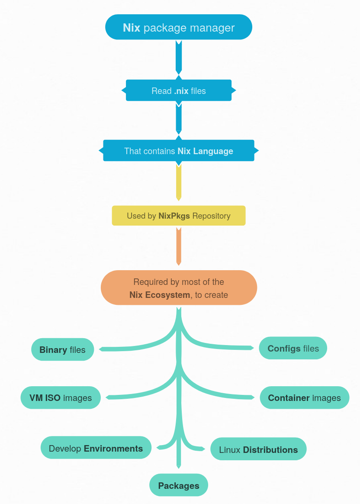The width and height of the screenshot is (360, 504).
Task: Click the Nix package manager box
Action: click(x=179, y=27)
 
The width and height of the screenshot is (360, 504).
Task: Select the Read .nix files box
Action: click(x=179, y=90)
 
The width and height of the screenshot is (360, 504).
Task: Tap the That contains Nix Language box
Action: click(x=179, y=151)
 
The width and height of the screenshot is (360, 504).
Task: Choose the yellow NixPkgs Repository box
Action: click(x=179, y=216)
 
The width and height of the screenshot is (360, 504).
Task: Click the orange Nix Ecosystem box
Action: click(x=179, y=288)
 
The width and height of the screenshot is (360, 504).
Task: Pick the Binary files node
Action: click(x=63, y=349)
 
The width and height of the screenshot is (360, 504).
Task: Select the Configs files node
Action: click(x=293, y=348)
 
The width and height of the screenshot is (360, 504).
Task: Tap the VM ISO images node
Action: click(x=61, y=397)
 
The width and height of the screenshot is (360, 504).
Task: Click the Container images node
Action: click(x=304, y=397)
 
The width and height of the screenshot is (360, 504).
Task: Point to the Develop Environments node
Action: click(x=96, y=448)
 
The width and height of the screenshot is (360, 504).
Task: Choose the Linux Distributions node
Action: click(x=258, y=449)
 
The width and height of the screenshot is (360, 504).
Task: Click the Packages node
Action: click(x=179, y=485)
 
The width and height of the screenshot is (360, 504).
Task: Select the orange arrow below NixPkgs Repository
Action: click(x=179, y=246)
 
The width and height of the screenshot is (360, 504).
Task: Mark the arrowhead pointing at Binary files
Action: click(x=102, y=349)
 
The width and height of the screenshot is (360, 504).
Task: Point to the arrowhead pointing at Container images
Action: click(x=252, y=397)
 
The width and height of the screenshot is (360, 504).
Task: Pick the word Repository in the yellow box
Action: click(x=211, y=216)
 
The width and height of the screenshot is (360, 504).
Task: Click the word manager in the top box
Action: click(x=212, y=28)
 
